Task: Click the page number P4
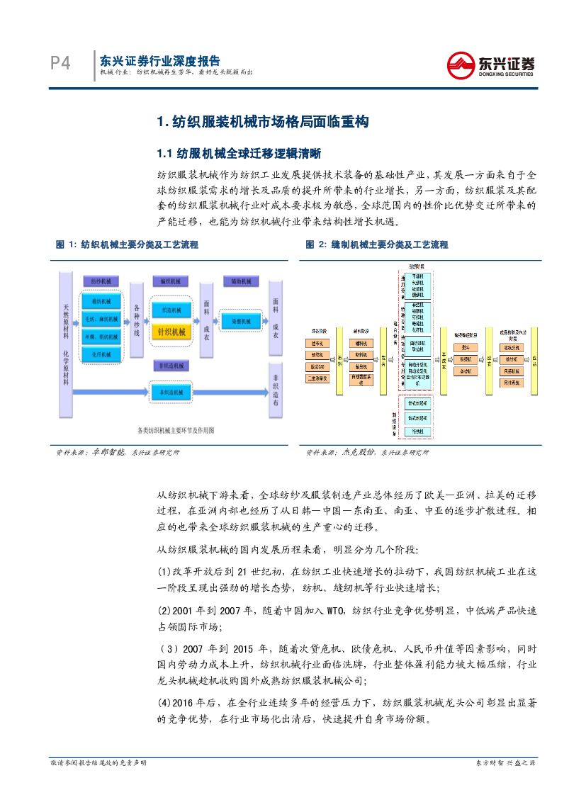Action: (x=60, y=64)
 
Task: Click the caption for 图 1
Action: (x=127, y=244)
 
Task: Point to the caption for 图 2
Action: (x=377, y=244)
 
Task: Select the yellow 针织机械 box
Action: (x=171, y=332)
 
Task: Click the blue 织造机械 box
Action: (x=171, y=310)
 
